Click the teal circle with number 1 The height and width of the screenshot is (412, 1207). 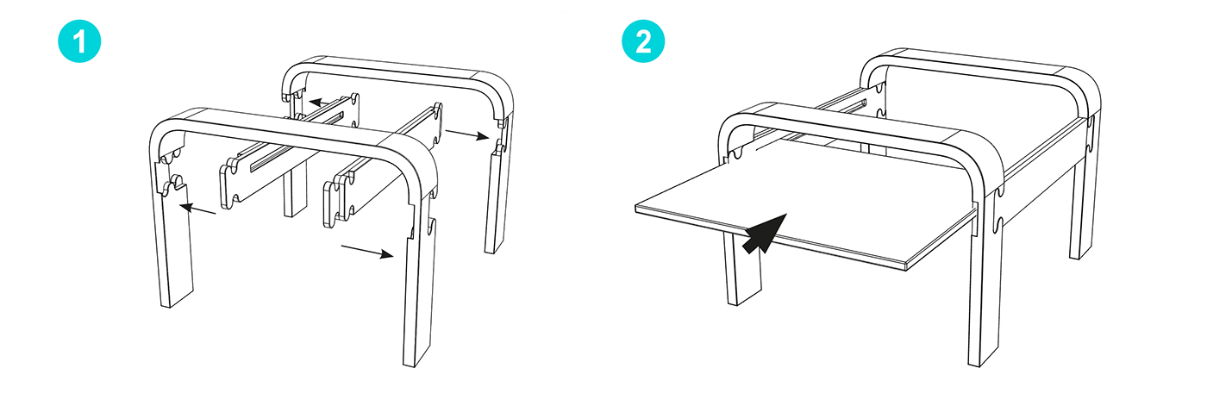click(79, 41)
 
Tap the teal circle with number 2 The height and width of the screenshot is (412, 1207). click(643, 41)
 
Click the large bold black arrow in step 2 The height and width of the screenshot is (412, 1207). click(765, 234)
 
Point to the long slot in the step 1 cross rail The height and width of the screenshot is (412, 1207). click(297, 143)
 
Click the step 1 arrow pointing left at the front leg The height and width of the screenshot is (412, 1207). click(197, 209)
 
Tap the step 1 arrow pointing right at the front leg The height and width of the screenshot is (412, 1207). click(367, 251)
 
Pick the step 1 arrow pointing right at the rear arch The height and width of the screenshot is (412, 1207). click(467, 134)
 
